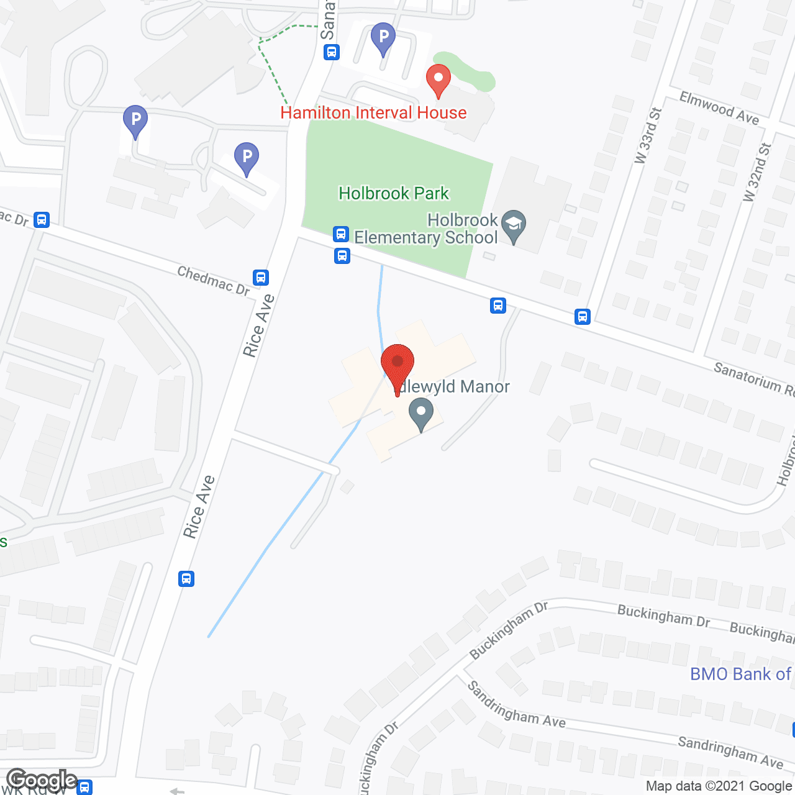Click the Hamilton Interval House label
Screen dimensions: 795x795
point(373,113)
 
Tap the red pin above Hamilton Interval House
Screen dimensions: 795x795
point(438,80)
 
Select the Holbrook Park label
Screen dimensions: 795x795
point(394,194)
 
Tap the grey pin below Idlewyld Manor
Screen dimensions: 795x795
point(421,414)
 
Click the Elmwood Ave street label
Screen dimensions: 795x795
point(719,107)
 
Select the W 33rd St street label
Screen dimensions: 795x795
point(648,136)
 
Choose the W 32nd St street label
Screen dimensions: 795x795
point(757,172)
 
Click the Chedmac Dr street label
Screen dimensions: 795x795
point(213,281)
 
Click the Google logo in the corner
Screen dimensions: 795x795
point(42,779)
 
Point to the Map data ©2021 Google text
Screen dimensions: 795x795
point(719,786)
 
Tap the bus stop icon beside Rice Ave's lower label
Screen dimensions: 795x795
point(186,579)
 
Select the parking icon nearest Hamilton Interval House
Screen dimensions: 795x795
point(383,38)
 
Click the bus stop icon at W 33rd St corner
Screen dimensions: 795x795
point(582,317)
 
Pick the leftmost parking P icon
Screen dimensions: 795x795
point(135,120)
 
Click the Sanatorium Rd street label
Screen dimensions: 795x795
point(753,378)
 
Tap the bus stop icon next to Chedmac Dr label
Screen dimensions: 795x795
point(261,277)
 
